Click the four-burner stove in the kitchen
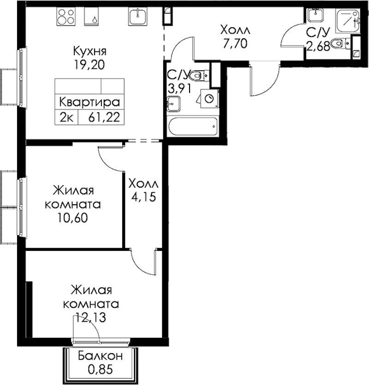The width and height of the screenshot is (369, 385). pyautogui.click(x=66, y=16)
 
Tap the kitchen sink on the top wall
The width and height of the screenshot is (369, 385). pyautogui.click(x=138, y=16)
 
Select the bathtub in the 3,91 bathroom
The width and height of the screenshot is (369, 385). pyautogui.click(x=193, y=126)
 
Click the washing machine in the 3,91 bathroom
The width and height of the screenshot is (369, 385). pyautogui.click(x=209, y=98)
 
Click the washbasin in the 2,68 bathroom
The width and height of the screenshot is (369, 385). pyautogui.click(x=316, y=15)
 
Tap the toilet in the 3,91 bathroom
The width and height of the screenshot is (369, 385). pyautogui.click(x=199, y=75)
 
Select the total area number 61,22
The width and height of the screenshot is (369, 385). pyautogui.click(x=104, y=117)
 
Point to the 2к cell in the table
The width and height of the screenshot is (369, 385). pyautogui.click(x=66, y=117)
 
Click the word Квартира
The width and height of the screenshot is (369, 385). pyautogui.click(x=89, y=102)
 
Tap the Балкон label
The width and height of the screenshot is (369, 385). pyautogui.click(x=101, y=356)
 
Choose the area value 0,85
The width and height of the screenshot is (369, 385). pyautogui.click(x=101, y=369)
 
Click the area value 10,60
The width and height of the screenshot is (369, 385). pyautogui.click(x=72, y=218)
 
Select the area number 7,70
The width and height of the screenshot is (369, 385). pyautogui.click(x=235, y=43)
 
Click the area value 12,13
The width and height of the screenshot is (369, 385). pyautogui.click(x=90, y=317)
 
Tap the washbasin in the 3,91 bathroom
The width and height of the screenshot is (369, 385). pyautogui.click(x=174, y=104)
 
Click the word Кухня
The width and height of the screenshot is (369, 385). pyautogui.click(x=90, y=52)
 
